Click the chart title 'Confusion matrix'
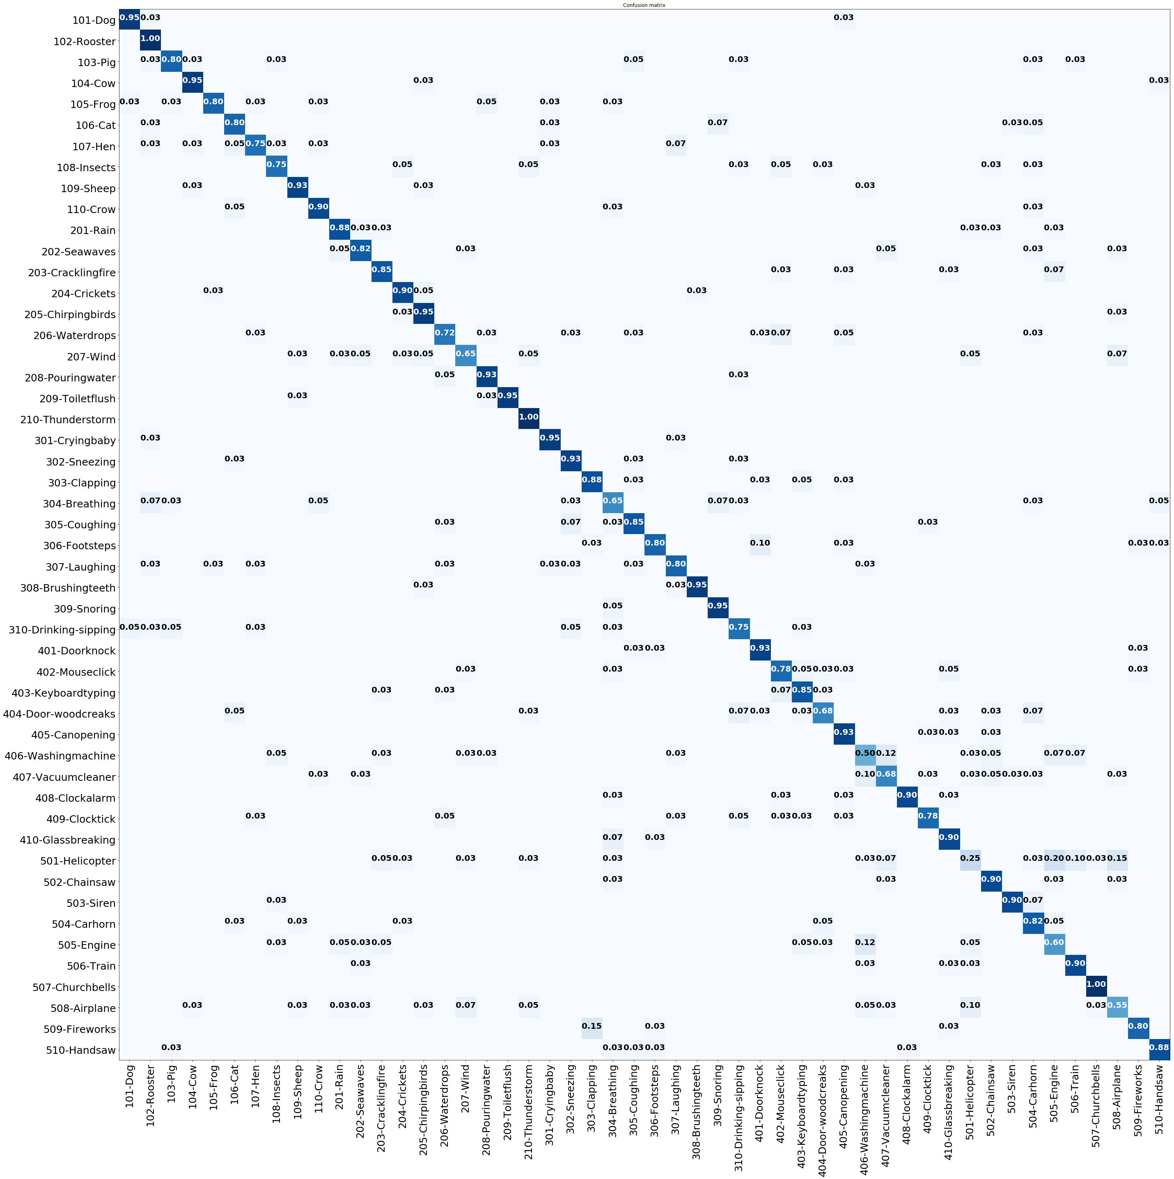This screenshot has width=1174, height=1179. click(x=644, y=5)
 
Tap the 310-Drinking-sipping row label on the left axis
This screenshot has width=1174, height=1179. click(x=62, y=630)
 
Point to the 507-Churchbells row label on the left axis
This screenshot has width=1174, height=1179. click(x=74, y=987)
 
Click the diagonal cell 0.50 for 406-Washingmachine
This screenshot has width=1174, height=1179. click(x=864, y=753)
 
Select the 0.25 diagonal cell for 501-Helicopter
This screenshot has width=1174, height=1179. click(x=970, y=858)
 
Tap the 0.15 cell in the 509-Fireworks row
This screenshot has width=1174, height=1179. click(x=591, y=1026)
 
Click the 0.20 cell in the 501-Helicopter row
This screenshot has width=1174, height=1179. click(x=1054, y=858)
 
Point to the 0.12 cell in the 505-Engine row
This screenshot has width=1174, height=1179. click(x=864, y=942)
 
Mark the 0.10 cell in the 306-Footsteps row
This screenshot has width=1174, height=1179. click(x=760, y=543)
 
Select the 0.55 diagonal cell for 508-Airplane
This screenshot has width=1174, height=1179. click(x=1117, y=1005)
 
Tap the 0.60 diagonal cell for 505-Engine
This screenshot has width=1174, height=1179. click(x=1054, y=942)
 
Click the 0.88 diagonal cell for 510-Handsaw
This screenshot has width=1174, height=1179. click(x=1159, y=1047)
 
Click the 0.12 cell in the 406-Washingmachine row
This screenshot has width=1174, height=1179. click(x=886, y=753)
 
